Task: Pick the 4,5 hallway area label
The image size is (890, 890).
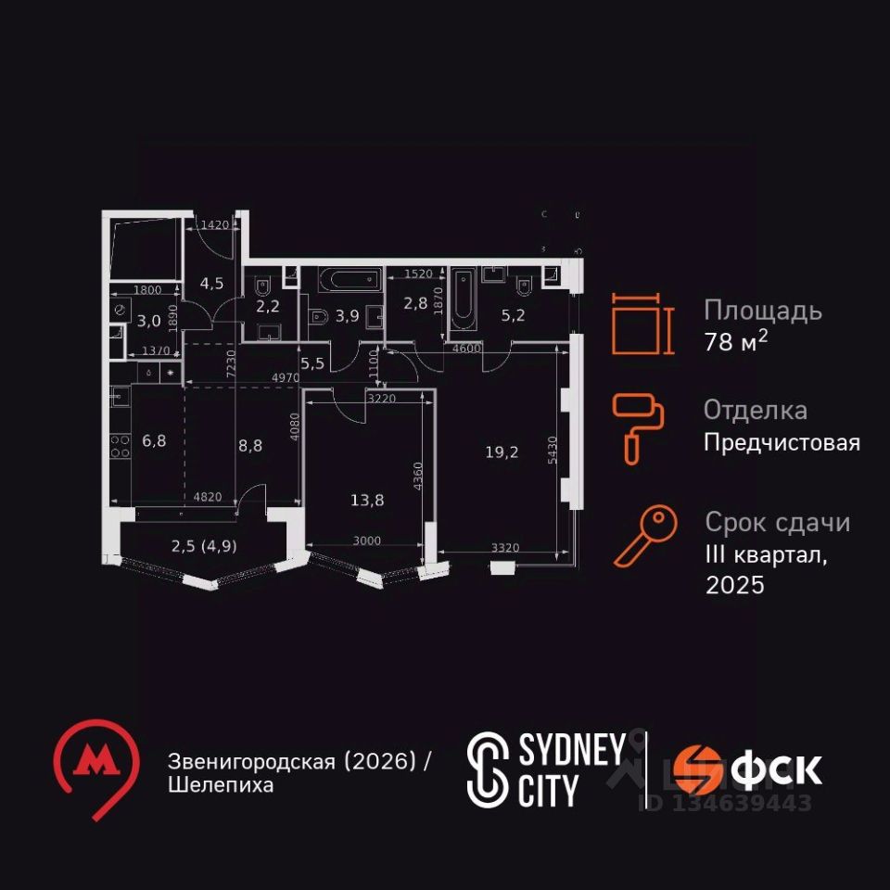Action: pyautogui.click(x=212, y=284)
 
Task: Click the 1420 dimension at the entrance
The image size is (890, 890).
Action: pyautogui.click(x=214, y=223)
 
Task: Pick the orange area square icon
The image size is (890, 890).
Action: pyautogui.click(x=638, y=324)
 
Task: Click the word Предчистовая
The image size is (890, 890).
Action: pyautogui.click(x=782, y=443)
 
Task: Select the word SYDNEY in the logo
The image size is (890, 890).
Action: pyautogui.click(x=571, y=751)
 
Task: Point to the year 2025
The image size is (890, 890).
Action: pyautogui.click(x=734, y=586)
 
